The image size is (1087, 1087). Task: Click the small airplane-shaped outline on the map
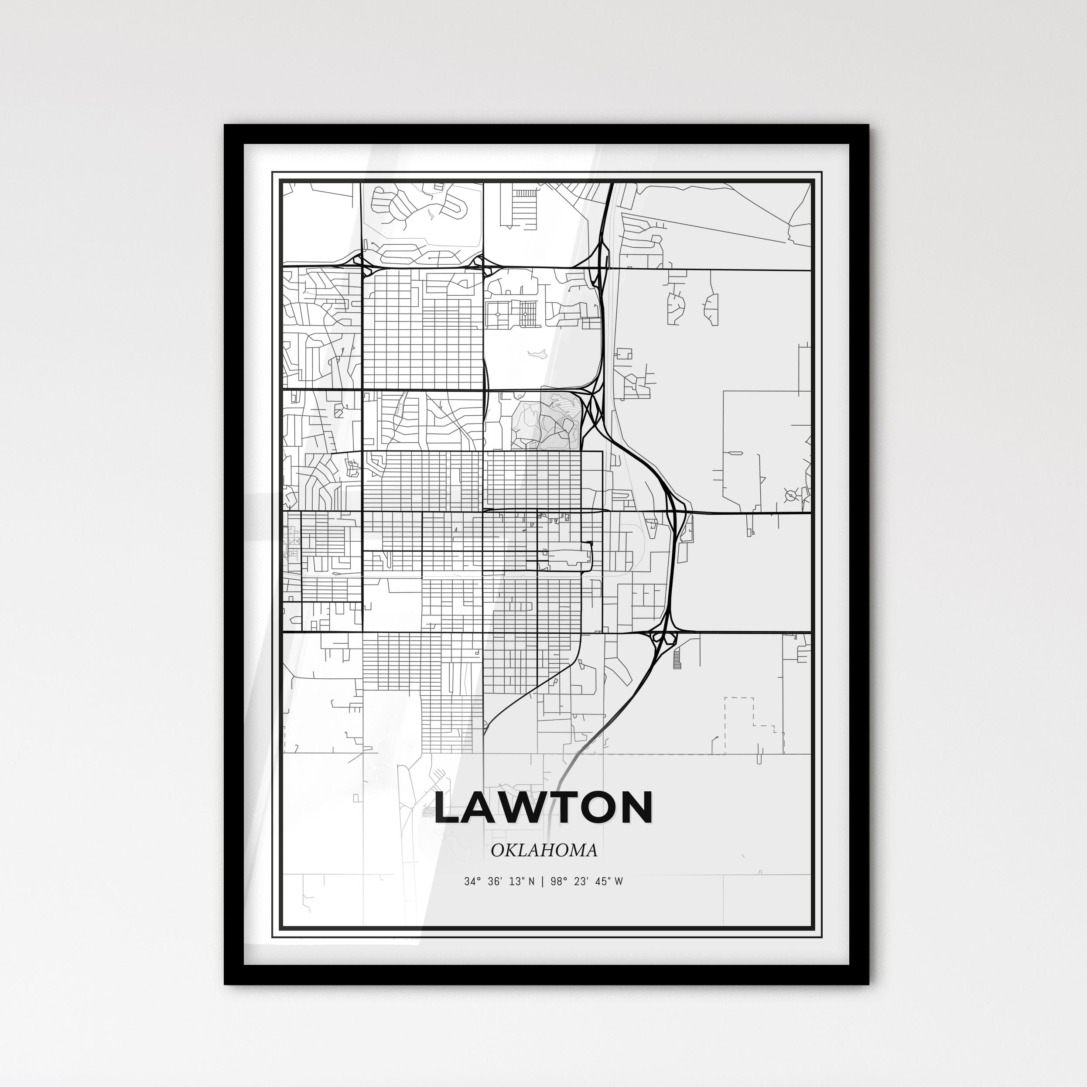(x=537, y=353)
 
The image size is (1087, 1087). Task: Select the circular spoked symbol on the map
(x=791, y=496)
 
